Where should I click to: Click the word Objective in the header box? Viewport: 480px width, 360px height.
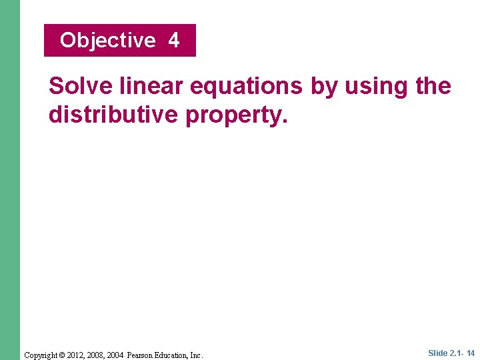tap(107, 41)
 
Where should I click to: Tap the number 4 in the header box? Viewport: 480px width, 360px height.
tap(174, 41)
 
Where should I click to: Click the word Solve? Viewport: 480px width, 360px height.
tap(81, 86)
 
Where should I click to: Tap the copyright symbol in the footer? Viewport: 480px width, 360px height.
tap(64, 355)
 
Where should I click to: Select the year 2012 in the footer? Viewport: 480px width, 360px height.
tap(78, 355)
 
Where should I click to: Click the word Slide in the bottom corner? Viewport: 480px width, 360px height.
tap(438, 353)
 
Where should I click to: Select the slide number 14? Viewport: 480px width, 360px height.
tap(471, 353)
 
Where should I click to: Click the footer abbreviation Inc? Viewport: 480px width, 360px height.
tap(197, 355)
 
